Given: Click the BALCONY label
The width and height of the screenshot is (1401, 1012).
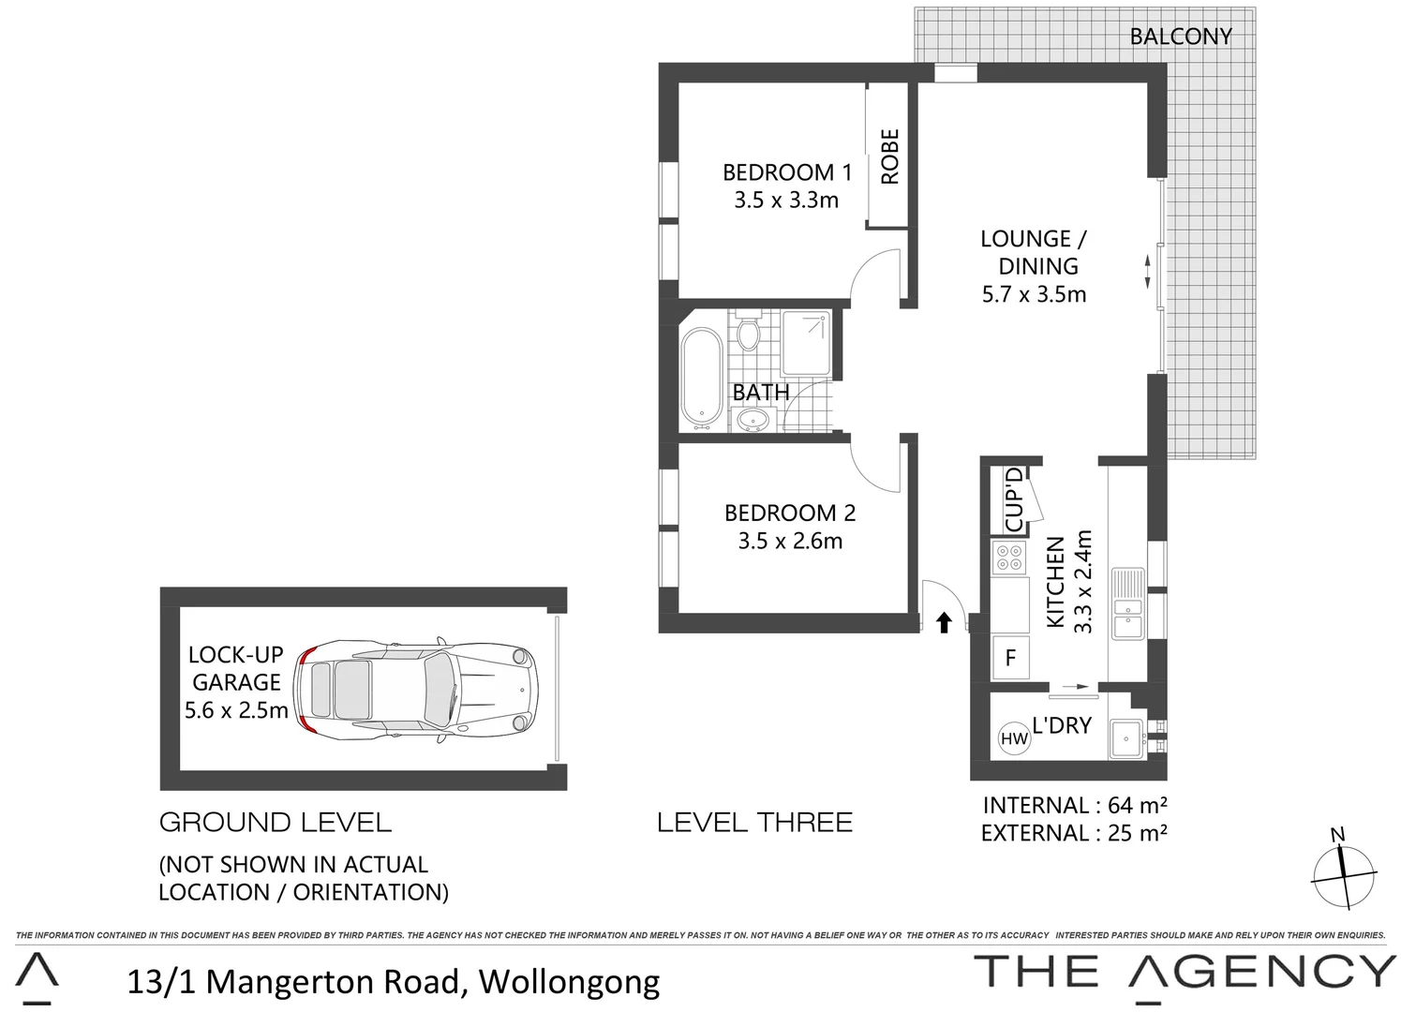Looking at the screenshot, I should (x=1180, y=37).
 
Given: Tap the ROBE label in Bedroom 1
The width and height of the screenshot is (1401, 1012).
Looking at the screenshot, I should (x=889, y=156).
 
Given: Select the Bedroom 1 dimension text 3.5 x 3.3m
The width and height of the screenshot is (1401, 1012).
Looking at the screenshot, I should (x=786, y=200).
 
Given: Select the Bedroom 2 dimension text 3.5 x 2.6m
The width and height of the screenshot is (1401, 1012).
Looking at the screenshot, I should (x=790, y=541).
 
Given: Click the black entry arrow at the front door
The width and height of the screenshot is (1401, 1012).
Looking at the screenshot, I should (x=944, y=622).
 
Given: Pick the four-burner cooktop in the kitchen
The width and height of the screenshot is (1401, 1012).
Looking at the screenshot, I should (x=1010, y=558).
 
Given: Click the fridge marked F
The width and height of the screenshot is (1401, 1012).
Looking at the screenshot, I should (x=1010, y=658).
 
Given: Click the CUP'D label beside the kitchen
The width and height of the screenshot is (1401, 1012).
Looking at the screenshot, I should (x=1013, y=499).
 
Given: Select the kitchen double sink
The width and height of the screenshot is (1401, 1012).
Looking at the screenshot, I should (x=1125, y=603).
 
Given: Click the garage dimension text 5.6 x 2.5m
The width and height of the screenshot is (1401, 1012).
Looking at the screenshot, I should (x=236, y=710).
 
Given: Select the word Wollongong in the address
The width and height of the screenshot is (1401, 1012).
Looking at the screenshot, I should (x=569, y=981).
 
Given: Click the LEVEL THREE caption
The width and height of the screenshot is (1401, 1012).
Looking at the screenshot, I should (x=754, y=823).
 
